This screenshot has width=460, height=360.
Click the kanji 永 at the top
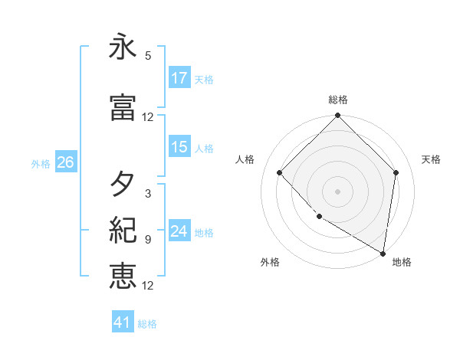[x=123, y=48]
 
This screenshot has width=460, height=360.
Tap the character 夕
[x=123, y=184]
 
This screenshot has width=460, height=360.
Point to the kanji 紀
[x=123, y=229]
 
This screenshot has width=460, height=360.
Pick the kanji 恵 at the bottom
[x=123, y=275]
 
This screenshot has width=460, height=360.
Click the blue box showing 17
[x=179, y=78]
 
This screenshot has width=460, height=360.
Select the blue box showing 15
[x=179, y=148]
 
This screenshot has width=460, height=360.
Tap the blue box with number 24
[x=179, y=232]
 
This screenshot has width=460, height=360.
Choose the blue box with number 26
[x=65, y=162]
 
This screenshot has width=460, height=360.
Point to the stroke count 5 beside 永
[x=148, y=56]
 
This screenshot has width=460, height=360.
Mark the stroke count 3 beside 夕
[x=148, y=194]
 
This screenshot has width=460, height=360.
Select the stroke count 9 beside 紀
[x=148, y=240]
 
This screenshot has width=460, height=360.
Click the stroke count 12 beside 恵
[x=148, y=286]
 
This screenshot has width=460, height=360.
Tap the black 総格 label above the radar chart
[x=338, y=100]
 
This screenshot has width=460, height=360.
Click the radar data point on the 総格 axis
[x=337, y=116]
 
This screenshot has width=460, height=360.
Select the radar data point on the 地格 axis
[x=383, y=253]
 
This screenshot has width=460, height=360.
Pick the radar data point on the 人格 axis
[x=280, y=172]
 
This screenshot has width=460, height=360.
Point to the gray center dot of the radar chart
[x=337, y=191]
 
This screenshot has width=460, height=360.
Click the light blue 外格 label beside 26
[x=41, y=163]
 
